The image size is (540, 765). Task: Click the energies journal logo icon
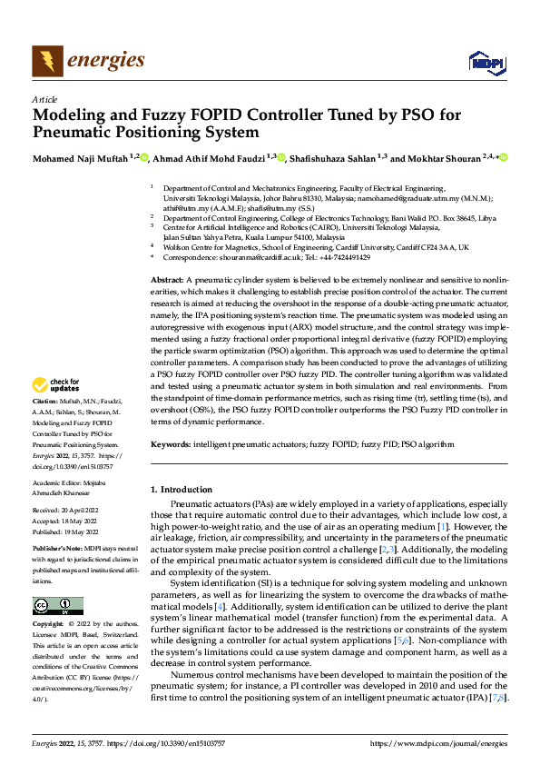click(47, 61)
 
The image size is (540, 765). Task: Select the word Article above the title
click(44, 99)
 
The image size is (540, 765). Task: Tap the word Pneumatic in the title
click(77, 132)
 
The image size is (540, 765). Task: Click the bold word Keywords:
click(171, 445)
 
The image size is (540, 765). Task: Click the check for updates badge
click(60, 412)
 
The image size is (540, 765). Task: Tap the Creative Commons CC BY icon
click(57, 606)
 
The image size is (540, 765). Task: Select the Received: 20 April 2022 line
click(73, 511)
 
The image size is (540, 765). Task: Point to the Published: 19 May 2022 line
click(73, 532)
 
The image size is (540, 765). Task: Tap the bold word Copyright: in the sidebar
click(49, 626)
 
